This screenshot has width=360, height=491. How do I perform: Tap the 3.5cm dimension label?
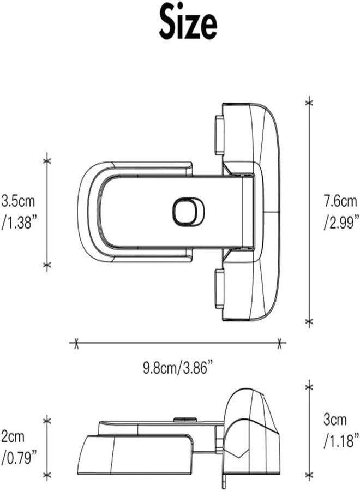point(18,201)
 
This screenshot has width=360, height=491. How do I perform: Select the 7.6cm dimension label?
point(340,201)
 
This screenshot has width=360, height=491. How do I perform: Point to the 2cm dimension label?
point(13,436)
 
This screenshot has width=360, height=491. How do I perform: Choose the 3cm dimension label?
point(335,420)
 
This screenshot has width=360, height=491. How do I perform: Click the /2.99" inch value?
point(341,223)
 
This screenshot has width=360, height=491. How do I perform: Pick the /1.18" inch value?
point(341,441)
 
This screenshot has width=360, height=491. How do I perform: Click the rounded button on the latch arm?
point(188,211)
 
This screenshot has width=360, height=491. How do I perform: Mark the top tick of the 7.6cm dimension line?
point(309,102)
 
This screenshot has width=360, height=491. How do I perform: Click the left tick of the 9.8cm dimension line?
point(76,343)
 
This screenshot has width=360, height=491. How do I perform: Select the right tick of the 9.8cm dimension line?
point(279,343)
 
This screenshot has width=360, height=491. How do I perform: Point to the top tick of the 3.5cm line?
point(47,160)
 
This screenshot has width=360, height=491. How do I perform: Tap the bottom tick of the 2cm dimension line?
point(47,476)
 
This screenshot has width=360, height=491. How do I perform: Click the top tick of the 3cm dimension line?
point(309,387)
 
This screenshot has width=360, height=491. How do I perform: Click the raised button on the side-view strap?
point(185,420)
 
